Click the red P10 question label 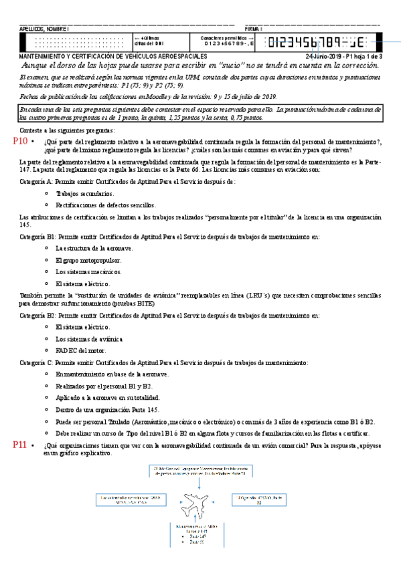[20, 142]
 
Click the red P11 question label [20, 444]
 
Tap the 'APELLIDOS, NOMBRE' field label [44, 29]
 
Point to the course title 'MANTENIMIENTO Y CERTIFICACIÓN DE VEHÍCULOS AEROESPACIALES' [114, 57]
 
